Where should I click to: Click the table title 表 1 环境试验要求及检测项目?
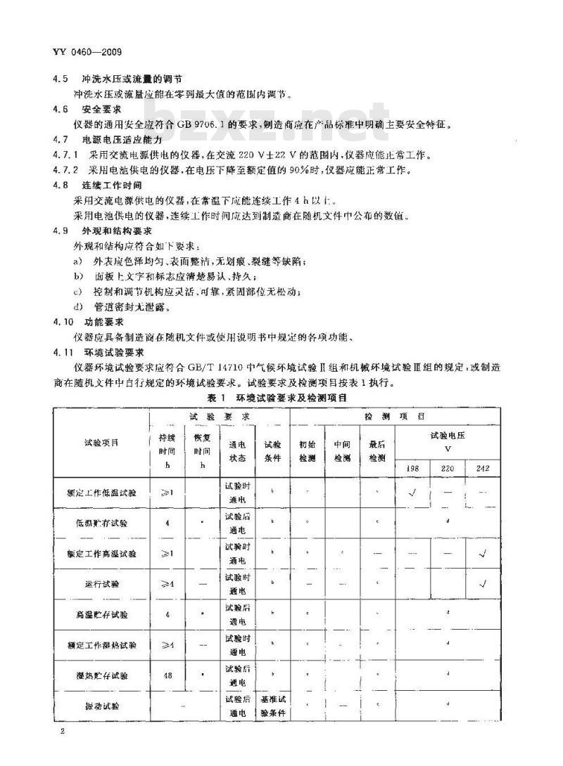[277, 397]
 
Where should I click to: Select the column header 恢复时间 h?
[202, 450]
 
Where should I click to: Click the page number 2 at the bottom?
[63, 732]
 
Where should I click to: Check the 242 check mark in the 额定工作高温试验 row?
[483, 554]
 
